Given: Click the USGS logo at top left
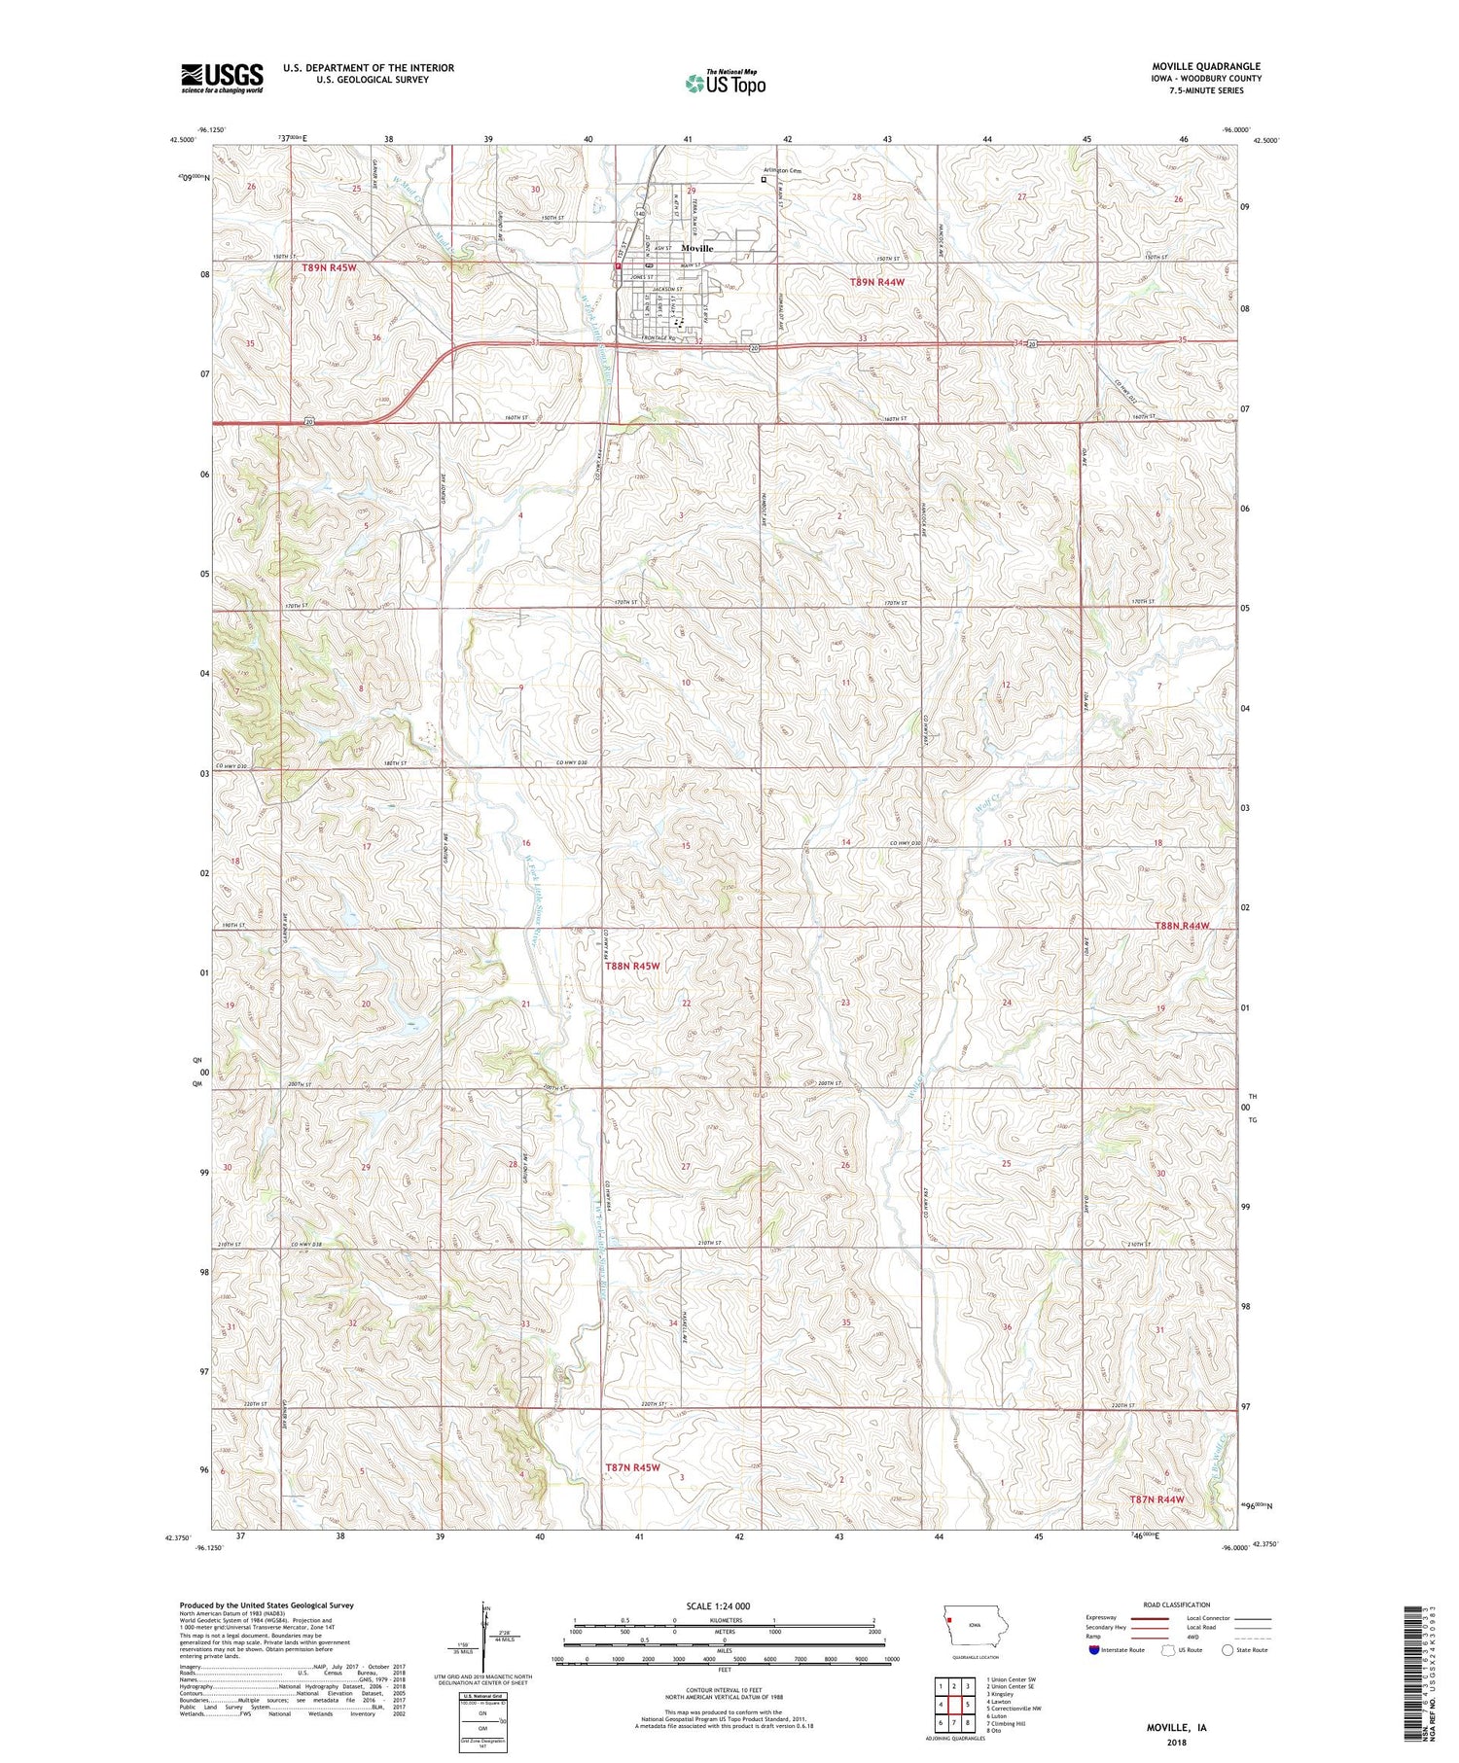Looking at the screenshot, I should [x=222, y=77].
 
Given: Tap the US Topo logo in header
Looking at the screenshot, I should [x=725, y=83].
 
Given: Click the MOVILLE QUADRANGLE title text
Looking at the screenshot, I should [x=1205, y=66].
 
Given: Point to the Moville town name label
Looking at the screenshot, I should [x=696, y=248].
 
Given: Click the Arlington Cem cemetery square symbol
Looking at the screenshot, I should [x=764, y=179].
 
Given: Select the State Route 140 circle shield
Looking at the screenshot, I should [x=639, y=212].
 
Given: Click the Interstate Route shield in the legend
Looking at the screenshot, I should [x=1094, y=1650].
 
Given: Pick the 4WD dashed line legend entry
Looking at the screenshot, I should [x=1252, y=1640].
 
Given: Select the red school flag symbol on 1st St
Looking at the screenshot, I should [x=618, y=264].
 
